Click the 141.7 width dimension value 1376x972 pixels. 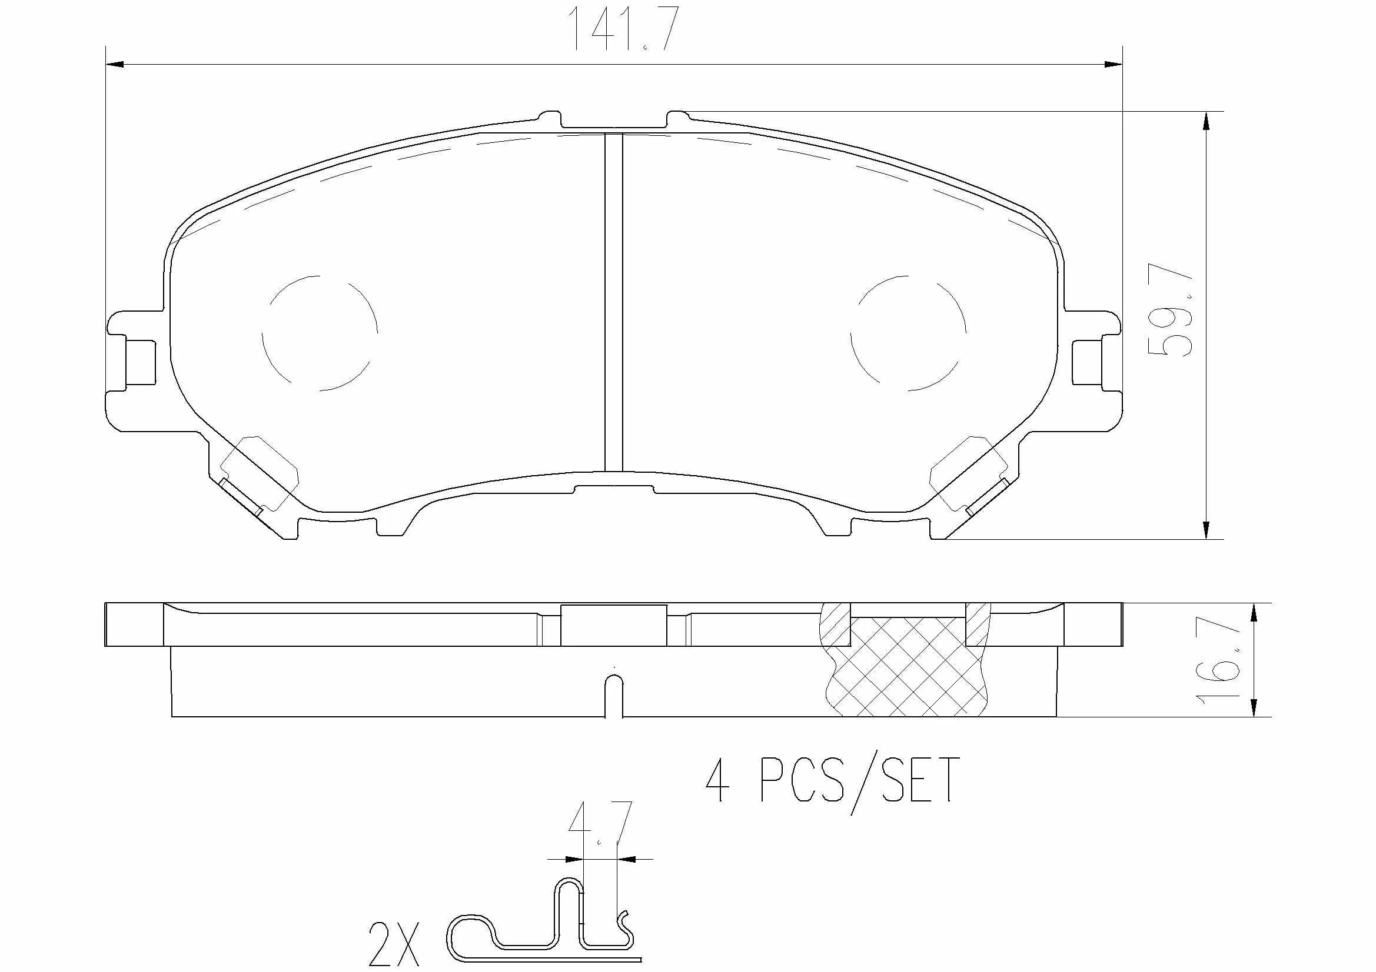[623, 28]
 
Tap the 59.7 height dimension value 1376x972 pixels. [1169, 310]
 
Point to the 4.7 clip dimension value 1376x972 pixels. [600, 824]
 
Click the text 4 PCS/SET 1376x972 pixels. [832, 780]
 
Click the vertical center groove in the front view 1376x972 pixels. [614, 302]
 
